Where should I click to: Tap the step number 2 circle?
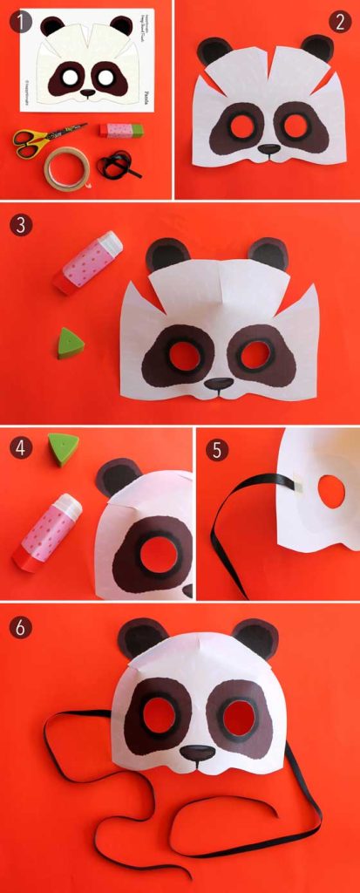pyautogui.click(x=340, y=22)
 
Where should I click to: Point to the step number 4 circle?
pyautogui.click(x=19, y=449)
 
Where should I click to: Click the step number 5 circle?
pyautogui.click(x=217, y=450)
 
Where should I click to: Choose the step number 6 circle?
pyautogui.click(x=19, y=627)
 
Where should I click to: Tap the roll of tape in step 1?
pyautogui.click(x=66, y=167)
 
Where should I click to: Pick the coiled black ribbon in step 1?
pyautogui.click(x=114, y=163)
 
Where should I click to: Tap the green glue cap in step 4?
pyautogui.click(x=62, y=450)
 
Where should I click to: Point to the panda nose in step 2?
pyautogui.click(x=269, y=149)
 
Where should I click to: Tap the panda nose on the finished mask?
pyautogui.click(x=198, y=752)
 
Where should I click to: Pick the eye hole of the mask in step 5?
pyautogui.click(x=331, y=493)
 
